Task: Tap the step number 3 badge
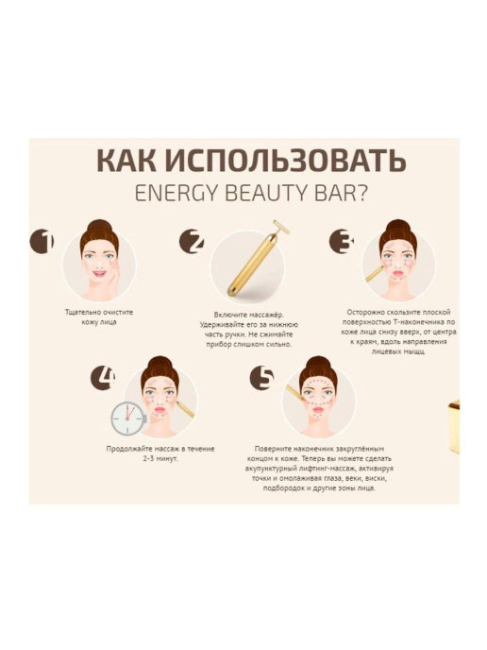point(342,242)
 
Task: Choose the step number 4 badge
point(103,378)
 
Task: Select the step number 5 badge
point(262,378)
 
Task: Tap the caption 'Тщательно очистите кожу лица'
point(93,317)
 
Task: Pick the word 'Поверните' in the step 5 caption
point(277,448)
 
